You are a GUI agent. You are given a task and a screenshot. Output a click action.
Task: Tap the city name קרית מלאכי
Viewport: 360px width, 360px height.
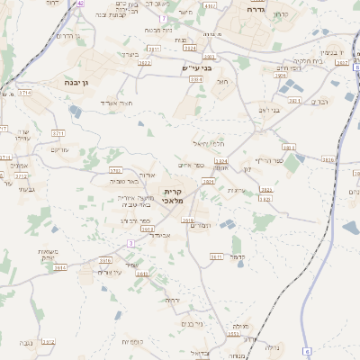pyautogui.click(x=174, y=196)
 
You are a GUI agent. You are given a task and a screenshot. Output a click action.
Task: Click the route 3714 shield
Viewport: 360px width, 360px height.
pyautogui.click(x=24, y=93)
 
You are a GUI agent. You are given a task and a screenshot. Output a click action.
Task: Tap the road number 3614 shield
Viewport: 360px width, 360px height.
pyautogui.click(x=60, y=268)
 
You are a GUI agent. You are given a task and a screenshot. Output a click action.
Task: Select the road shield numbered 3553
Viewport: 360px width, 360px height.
pyautogui.click(x=233, y=334)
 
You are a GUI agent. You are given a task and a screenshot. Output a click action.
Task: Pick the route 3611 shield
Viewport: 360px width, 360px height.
pyautogui.click(x=217, y=256)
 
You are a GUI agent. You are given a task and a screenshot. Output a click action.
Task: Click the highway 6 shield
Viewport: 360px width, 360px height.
pyautogui.click(x=306, y=350)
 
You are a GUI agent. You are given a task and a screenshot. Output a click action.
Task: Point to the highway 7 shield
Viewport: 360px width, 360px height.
pyautogui.click(x=162, y=17)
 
